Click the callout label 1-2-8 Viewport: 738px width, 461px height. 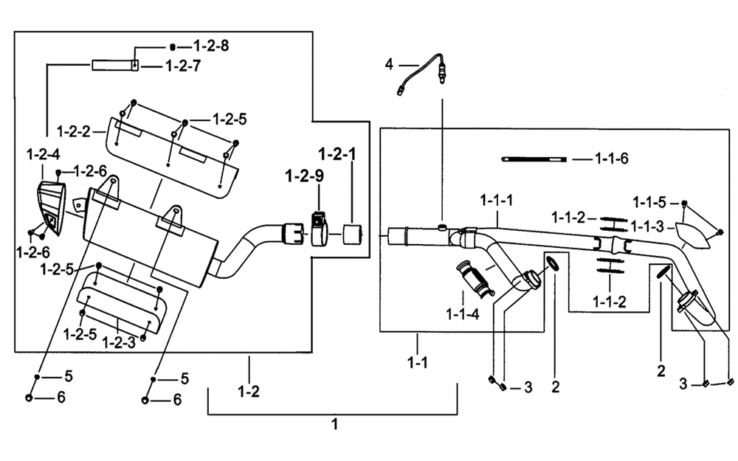211,46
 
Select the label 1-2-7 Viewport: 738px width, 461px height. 182,66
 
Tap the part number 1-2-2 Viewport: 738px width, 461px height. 73,131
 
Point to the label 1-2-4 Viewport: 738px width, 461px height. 44,154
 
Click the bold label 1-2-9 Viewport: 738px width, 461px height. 305,176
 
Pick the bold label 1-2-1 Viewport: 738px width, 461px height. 337,154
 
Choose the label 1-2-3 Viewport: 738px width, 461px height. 119,342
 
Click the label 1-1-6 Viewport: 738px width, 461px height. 611,159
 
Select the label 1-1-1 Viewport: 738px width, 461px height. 497,201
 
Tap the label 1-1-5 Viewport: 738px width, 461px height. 649,202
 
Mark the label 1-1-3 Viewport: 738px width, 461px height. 647,226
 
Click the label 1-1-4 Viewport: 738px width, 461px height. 463,313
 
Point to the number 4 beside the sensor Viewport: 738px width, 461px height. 389,64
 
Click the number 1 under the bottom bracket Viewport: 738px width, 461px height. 334,424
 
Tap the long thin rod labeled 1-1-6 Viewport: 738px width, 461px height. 534,159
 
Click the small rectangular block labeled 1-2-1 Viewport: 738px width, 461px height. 353,234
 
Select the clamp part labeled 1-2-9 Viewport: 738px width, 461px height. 320,229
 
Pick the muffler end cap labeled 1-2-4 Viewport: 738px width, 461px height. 52,208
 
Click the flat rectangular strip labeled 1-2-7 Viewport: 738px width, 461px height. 115,65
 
